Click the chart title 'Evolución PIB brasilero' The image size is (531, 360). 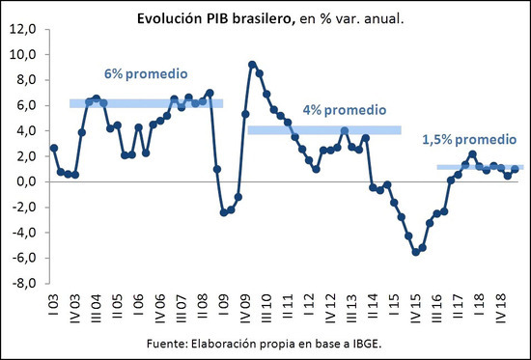tap(214, 19)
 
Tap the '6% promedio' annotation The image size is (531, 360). tap(146, 74)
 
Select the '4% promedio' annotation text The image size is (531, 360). tap(345, 110)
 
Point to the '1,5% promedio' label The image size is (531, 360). tap(469, 140)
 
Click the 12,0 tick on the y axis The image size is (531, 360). tap(23, 30)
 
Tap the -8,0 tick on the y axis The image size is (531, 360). tap(24, 284)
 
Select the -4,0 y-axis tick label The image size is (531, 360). tap(24, 233)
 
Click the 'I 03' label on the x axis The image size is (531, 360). tap(54, 305)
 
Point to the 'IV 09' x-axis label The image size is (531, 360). tap(245, 309)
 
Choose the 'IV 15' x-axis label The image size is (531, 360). tap(415, 309)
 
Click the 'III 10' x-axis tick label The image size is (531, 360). tap(266, 309)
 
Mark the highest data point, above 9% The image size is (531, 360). tap(252, 65)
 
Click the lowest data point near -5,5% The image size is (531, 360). tap(415, 252)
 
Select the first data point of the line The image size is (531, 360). tap(54, 148)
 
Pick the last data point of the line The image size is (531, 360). tap(515, 169)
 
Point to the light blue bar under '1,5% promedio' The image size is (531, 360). tap(480, 167)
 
